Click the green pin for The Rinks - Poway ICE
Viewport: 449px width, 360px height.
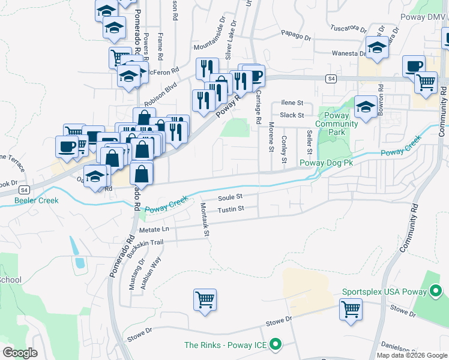276,344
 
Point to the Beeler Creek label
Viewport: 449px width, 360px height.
37,200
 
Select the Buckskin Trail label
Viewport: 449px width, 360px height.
143,242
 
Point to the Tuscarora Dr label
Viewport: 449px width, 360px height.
349,28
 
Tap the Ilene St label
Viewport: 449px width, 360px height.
293,103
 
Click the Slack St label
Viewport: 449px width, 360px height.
292,115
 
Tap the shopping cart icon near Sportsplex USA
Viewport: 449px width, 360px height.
351,309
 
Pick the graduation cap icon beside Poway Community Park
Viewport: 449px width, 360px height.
365,107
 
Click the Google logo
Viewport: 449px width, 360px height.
20,353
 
